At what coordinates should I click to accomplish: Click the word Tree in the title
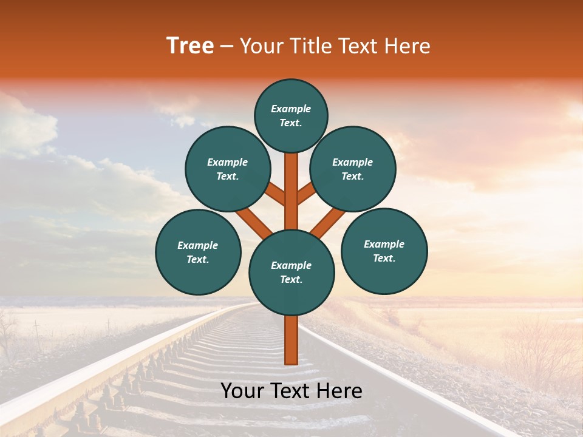coord(190,46)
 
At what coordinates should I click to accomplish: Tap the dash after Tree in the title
coord(227,47)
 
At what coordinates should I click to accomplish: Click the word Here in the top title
coord(407,46)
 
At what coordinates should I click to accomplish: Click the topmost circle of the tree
coord(291,115)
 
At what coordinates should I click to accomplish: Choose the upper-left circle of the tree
coord(228,169)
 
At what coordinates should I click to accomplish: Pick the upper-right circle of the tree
coord(353,169)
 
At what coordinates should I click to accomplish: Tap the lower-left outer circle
coord(198,252)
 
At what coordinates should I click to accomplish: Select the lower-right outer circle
coord(384,251)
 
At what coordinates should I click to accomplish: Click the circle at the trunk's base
coord(291,272)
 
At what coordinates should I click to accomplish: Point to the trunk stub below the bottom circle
coord(291,340)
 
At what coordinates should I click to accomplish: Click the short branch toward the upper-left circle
coord(276,195)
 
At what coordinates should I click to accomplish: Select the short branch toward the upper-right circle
coord(305,195)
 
